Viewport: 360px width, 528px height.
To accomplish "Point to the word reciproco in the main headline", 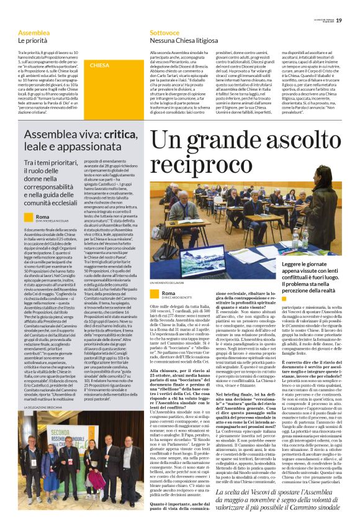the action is click(x=206, y=163).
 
